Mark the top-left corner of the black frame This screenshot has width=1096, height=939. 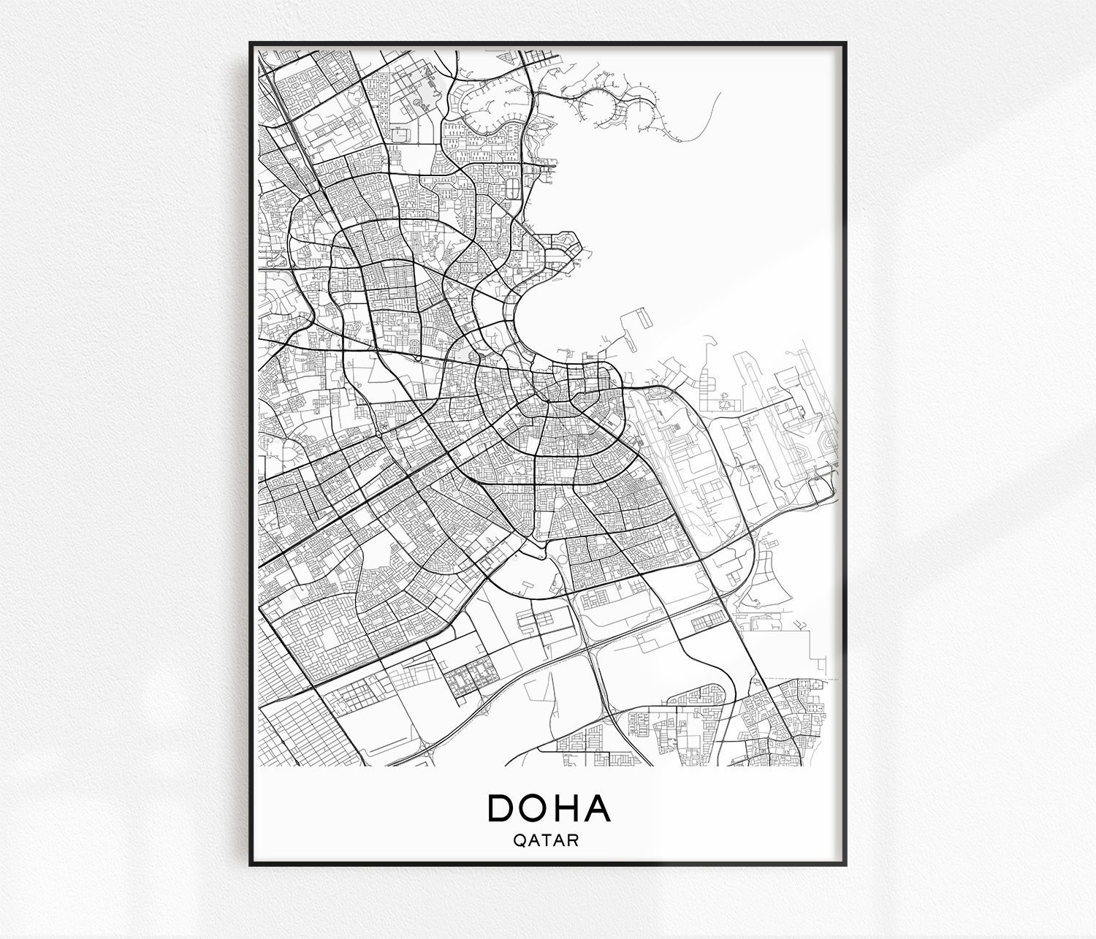coord(251,43)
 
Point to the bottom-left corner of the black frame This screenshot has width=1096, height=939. coord(251,864)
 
